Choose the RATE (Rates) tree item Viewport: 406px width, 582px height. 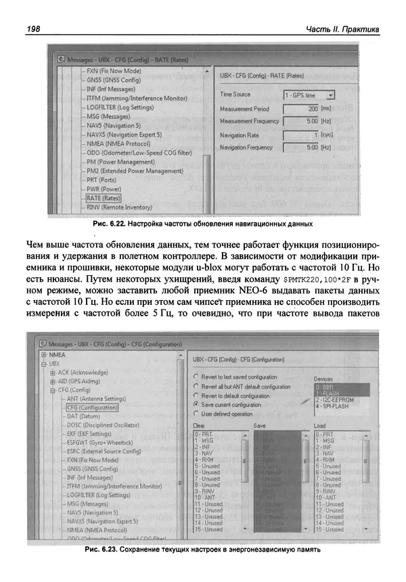coord(103,198)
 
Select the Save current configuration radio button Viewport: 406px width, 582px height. coord(196,404)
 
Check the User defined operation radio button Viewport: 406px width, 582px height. coord(196,413)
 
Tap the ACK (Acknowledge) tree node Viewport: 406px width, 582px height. coord(83,372)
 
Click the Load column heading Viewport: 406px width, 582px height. coord(321,426)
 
